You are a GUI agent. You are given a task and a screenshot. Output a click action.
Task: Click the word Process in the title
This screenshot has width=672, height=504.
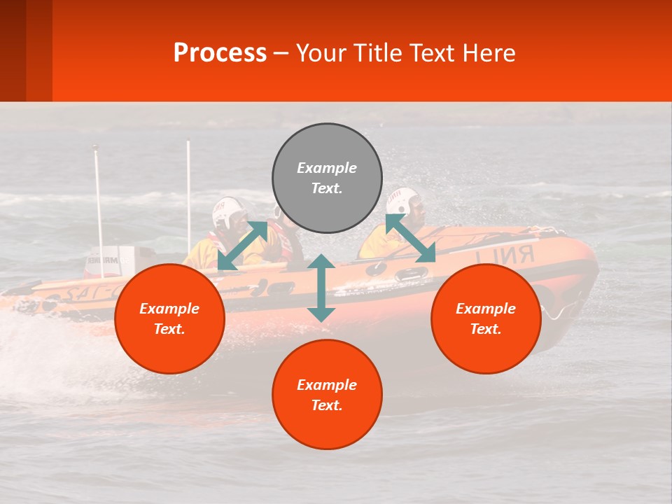[220, 53]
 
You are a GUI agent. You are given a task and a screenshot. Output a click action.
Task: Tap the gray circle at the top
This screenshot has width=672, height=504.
[327, 178]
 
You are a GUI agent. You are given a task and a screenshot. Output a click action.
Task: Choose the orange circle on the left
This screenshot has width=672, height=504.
[169, 319]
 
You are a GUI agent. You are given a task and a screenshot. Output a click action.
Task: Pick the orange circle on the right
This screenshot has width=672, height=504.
[486, 319]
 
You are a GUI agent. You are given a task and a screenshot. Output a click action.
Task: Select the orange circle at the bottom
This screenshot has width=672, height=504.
[327, 395]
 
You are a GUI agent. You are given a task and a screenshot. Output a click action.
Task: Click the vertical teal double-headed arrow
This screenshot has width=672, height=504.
[321, 288]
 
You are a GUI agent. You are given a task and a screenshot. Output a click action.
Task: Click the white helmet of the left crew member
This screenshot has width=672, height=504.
[229, 213]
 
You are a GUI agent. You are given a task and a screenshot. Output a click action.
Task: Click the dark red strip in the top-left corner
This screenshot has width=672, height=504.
[13, 50]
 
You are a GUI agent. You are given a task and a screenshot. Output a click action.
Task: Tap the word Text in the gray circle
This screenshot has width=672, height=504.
[327, 188]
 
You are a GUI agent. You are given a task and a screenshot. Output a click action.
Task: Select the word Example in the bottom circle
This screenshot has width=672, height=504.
[327, 385]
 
